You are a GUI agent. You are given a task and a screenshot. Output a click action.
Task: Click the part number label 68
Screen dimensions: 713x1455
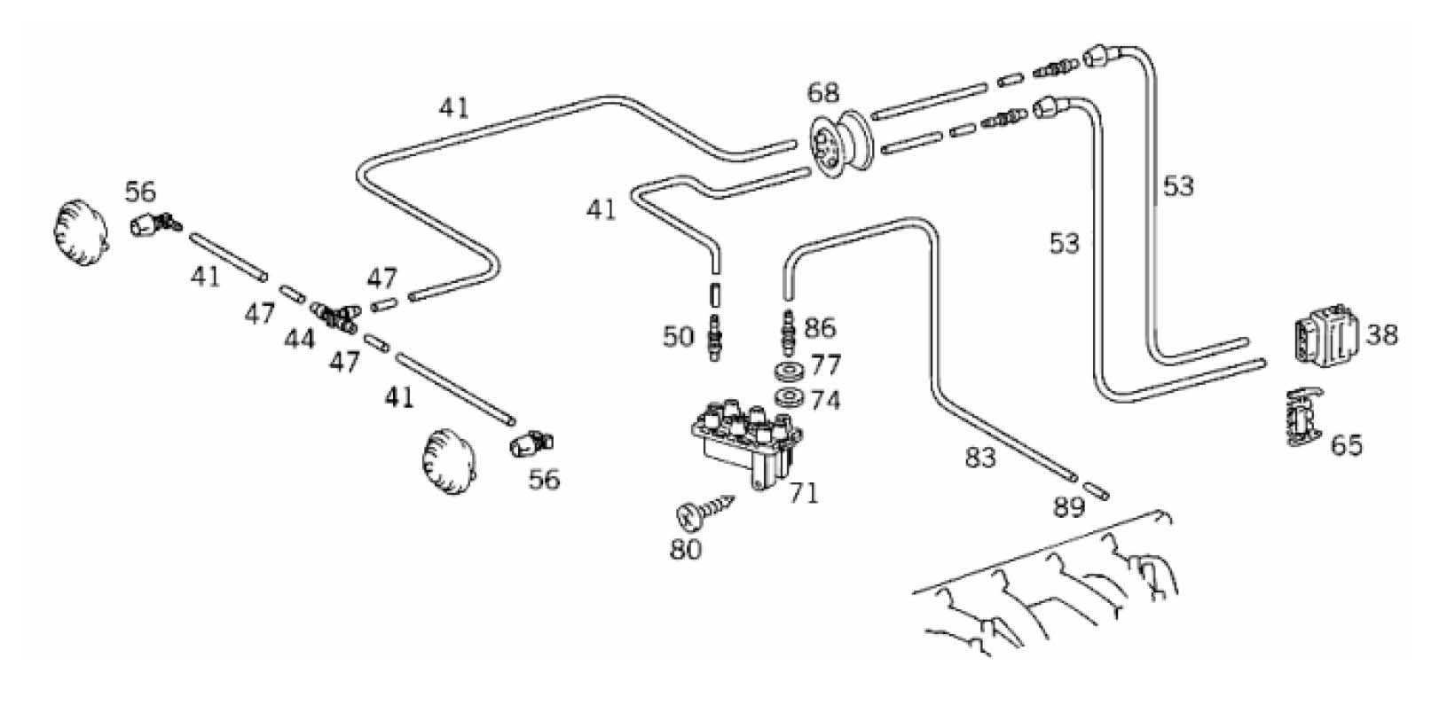(x=822, y=93)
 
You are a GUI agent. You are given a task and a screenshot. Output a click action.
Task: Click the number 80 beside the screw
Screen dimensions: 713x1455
(x=686, y=549)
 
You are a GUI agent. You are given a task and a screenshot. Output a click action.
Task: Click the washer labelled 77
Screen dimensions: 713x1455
(x=787, y=370)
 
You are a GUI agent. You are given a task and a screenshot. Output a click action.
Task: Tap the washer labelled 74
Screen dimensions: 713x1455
(x=787, y=396)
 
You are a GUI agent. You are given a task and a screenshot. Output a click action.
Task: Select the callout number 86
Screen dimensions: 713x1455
(x=819, y=328)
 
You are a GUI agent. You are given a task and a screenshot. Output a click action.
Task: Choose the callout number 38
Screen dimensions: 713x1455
(x=1382, y=334)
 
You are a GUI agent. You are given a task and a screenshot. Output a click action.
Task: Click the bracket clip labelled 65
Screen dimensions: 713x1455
(x=1302, y=415)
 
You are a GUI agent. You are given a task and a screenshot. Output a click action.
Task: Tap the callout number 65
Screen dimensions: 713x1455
(x=1346, y=444)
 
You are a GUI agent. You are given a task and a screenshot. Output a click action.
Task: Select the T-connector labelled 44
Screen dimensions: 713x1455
(x=335, y=315)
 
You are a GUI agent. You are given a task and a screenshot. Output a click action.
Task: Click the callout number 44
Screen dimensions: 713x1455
(x=300, y=338)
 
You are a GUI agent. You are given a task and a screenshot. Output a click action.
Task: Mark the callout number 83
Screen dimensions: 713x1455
(x=980, y=458)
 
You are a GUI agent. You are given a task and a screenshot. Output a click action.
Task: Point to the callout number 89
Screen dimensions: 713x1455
(x=1069, y=507)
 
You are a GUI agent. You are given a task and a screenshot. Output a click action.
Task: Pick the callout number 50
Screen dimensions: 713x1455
(x=678, y=337)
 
